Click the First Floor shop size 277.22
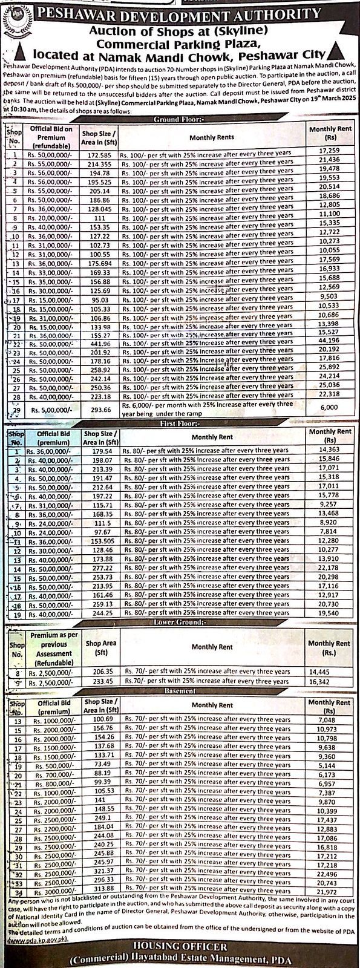(x=99, y=569)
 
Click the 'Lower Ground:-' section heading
(x=180, y=621)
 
